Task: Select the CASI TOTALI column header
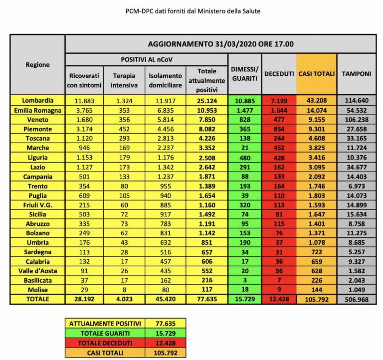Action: (x=316, y=74)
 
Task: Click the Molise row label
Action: (x=38, y=290)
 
